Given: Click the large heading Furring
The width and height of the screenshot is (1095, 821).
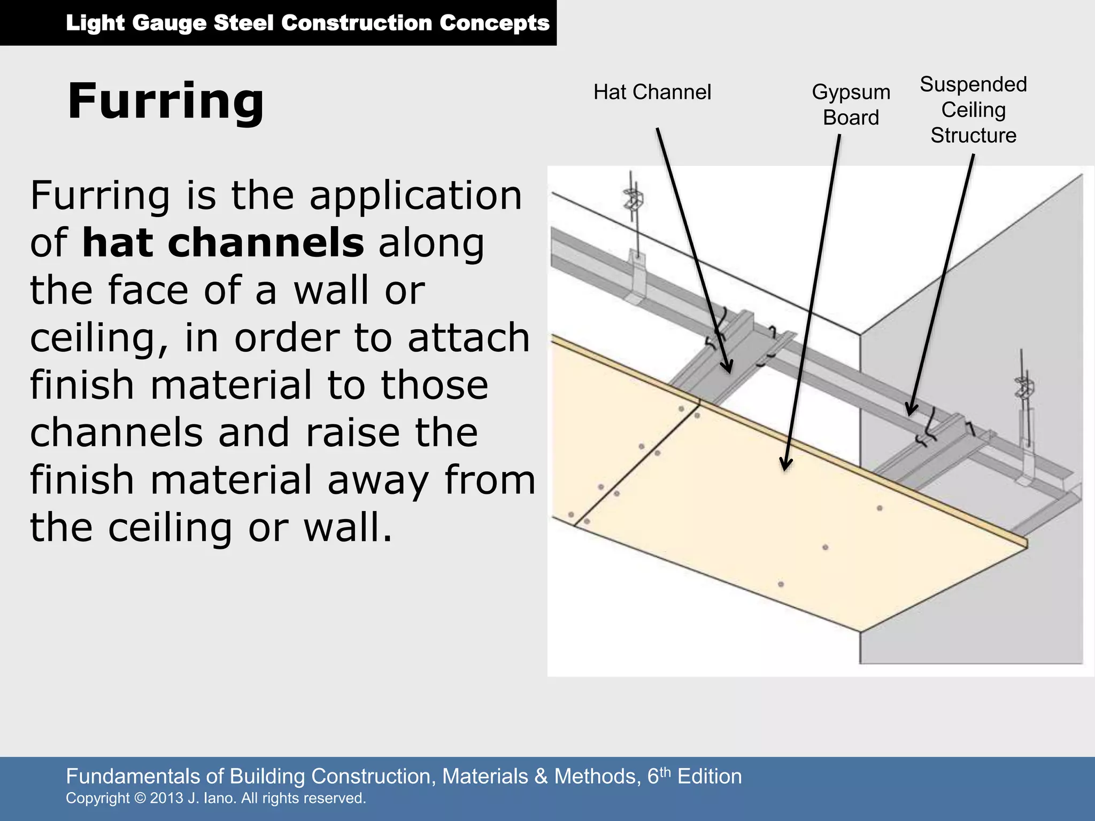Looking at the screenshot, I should (166, 102).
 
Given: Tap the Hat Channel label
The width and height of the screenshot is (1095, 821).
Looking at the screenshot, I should (652, 92).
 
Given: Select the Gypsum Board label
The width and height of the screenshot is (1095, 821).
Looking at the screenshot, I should (851, 105).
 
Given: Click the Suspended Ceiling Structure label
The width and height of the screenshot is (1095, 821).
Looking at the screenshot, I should (973, 110).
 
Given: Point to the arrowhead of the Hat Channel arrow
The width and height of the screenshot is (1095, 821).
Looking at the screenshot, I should (728, 368).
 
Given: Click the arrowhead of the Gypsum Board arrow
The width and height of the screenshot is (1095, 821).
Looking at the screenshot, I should (785, 465).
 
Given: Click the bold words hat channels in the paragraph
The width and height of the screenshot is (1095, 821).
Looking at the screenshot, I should (223, 243).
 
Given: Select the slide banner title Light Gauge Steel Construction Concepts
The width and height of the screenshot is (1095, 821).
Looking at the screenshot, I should (307, 23).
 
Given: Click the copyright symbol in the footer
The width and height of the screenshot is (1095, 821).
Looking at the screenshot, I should (140, 798).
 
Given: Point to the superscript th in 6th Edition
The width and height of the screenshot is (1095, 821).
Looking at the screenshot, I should (665, 771).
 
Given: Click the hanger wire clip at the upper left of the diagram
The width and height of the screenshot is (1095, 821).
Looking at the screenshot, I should (634, 199).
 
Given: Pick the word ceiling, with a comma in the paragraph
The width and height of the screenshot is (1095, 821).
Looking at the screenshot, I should (99, 338).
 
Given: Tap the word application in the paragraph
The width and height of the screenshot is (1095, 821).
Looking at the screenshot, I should (415, 196).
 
